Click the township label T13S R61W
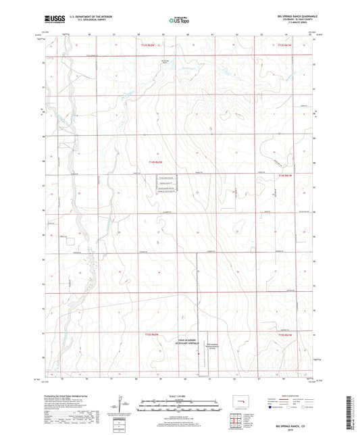coord(284,45)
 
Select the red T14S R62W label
coord(156,161)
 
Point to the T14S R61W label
coord(284,174)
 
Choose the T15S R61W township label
coord(284,334)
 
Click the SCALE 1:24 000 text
coord(180,394)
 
